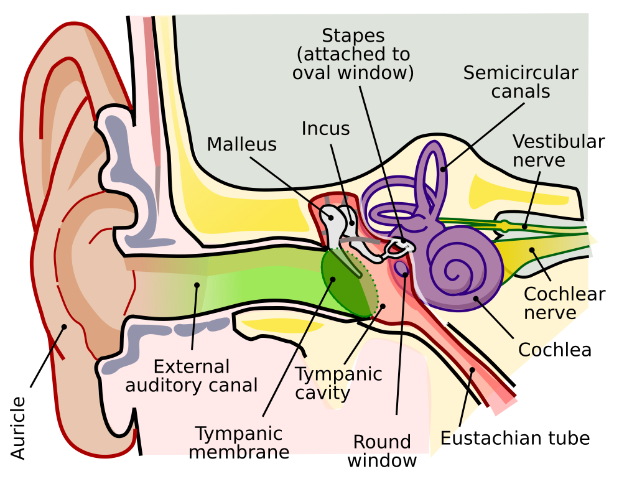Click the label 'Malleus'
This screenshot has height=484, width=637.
(242, 144)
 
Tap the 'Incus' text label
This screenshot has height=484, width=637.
(325, 128)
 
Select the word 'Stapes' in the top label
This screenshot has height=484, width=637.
(353, 35)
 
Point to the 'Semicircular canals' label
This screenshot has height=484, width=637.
(521, 82)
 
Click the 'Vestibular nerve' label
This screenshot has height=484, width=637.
(559, 151)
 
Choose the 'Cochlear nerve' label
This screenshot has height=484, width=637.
(564, 303)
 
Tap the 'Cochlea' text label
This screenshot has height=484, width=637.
(554, 350)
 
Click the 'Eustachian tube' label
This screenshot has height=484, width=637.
(515, 438)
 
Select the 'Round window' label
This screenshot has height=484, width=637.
(382, 451)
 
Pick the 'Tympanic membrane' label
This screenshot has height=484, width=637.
(239, 442)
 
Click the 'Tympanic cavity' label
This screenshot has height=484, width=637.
(338, 383)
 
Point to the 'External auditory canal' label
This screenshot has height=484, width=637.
(192, 376)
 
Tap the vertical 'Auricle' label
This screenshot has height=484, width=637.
(18, 428)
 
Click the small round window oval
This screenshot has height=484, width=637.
(402, 268)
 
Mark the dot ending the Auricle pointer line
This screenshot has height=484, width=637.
(64, 327)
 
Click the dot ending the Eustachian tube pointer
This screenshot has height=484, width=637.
(472, 370)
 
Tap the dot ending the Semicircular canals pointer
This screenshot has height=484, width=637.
(443, 169)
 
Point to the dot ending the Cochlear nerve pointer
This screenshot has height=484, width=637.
(532, 250)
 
